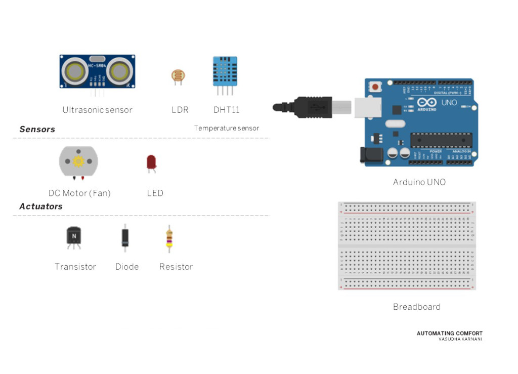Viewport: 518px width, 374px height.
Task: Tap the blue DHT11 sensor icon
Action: [225, 72]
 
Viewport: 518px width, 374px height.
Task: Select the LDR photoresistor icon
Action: [178, 76]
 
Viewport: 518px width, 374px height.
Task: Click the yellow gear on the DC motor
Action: [78, 161]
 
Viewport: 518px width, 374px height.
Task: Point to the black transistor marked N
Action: [74, 236]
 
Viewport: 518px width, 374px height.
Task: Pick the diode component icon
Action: [125, 238]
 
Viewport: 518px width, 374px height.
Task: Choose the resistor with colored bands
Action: [168, 239]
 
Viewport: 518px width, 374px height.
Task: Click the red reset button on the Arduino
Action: [375, 87]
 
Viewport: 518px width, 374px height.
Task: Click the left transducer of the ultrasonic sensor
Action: [75, 71]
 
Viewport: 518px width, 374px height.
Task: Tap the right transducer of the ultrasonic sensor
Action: [119, 71]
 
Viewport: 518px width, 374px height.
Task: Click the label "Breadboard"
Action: [416, 307]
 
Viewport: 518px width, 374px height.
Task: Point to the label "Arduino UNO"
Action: [419, 182]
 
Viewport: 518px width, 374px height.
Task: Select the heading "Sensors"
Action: [37, 129]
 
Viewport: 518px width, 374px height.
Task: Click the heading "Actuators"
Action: [40, 206]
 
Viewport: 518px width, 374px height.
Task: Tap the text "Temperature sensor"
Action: [226, 129]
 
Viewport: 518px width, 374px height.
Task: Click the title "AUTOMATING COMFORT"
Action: [449, 334]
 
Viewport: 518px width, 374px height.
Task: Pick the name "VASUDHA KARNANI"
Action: [460, 339]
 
